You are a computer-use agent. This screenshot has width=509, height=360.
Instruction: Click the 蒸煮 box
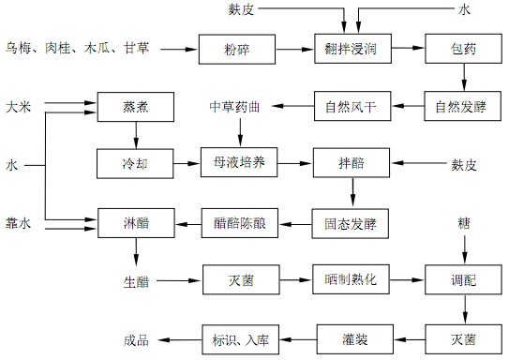pyautogui.click(x=136, y=105)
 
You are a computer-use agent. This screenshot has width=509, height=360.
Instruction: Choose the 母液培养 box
pyautogui.click(x=239, y=163)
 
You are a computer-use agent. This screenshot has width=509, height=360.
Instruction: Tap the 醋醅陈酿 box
pyautogui.click(x=239, y=222)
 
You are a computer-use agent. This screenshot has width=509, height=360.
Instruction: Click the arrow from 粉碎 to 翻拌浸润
pyautogui.click(x=294, y=47)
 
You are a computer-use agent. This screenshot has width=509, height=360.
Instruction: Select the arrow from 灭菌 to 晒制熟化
pyautogui.click(x=294, y=279)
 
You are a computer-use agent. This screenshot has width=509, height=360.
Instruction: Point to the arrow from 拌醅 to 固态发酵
pyautogui.click(x=352, y=193)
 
